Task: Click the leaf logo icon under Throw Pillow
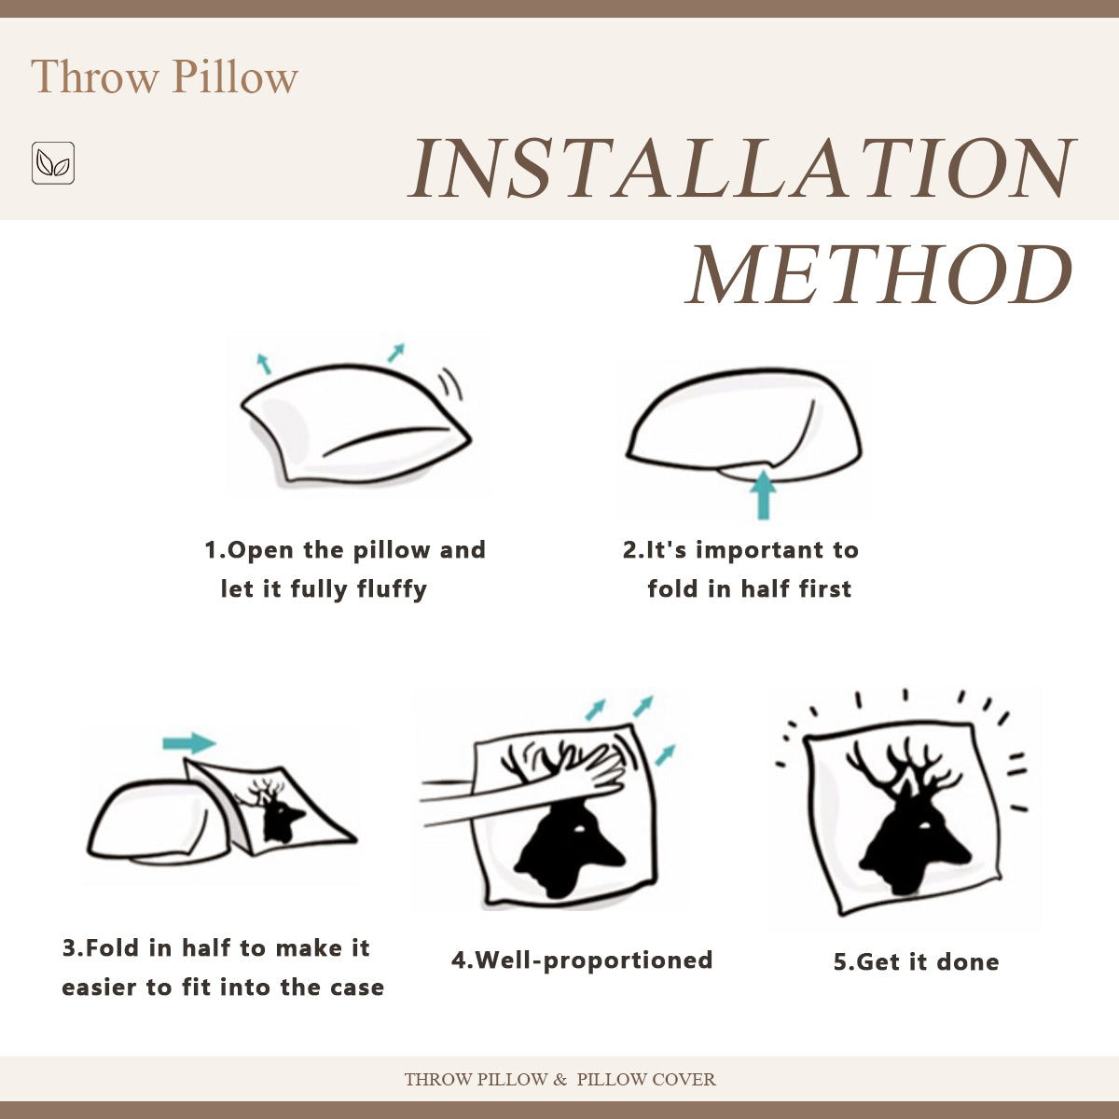coord(53,163)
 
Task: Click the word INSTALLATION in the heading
coord(741,169)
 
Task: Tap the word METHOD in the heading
coord(879,275)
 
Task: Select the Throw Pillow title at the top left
coord(164,76)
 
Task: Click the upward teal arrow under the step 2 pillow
coord(764,493)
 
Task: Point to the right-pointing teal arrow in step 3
coord(189,743)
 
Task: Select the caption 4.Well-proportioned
coord(582,960)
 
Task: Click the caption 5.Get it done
coord(916,962)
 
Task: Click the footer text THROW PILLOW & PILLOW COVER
coord(559,1080)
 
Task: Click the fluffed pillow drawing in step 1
coord(354,424)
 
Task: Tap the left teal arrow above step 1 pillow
coord(264,364)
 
